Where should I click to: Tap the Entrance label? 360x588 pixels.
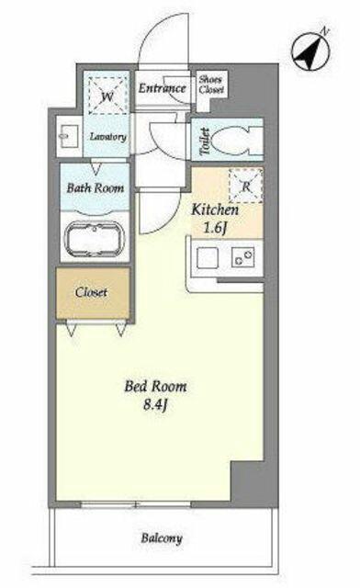click(162, 88)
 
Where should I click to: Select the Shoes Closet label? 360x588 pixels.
click(211, 85)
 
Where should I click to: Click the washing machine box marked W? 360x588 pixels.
click(107, 96)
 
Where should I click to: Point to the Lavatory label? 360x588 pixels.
click(108, 137)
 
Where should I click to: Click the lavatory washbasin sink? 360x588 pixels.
click(69, 137)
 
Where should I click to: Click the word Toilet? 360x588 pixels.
click(205, 141)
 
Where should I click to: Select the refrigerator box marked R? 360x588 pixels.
click(245, 186)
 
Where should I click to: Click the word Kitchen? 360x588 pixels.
click(215, 210)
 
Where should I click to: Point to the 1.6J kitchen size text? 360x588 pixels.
click(215, 228)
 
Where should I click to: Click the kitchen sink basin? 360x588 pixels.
click(208, 257)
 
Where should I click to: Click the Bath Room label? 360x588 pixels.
click(96, 187)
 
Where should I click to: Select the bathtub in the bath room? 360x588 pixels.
click(95, 239)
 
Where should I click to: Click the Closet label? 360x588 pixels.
click(91, 292)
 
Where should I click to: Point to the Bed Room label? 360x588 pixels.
click(155, 386)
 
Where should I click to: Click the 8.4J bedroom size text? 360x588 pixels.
click(154, 406)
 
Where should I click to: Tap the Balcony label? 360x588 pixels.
click(162, 538)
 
